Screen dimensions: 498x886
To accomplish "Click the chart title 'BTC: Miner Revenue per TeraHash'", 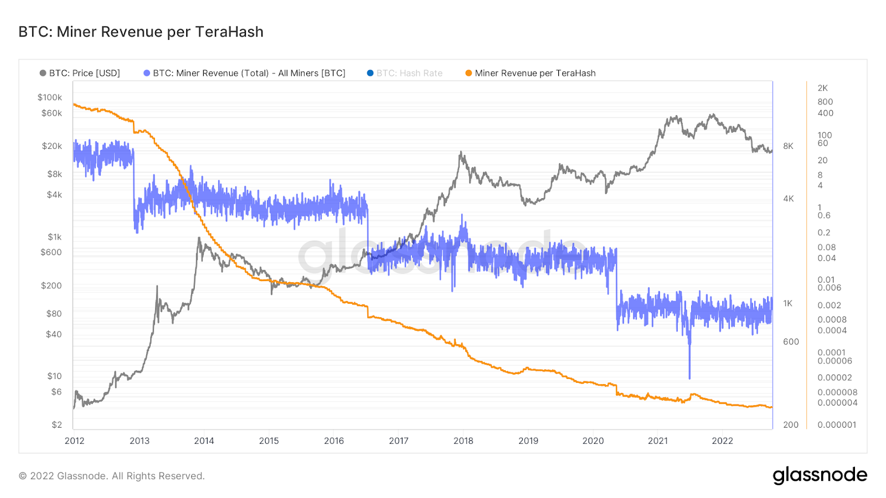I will pos(141,32).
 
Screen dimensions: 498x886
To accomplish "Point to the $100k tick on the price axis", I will pos(50,97).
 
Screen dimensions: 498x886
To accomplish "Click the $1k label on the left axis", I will pos(54,237).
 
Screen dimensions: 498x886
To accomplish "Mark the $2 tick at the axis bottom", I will pos(56,425).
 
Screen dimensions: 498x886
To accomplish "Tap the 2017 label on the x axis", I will pos(399,441).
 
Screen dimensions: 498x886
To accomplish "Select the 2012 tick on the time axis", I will pos(75,441).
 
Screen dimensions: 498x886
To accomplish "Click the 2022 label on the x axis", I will pos(722,441).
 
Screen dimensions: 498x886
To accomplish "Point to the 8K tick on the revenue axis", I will pos(788,146).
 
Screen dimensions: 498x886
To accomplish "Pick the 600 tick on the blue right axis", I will pos(791,342).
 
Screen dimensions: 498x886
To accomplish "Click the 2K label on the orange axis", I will pos(822,88).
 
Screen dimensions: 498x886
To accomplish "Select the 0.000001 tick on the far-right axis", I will pos(837,425).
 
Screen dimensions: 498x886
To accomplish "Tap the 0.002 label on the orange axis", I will pos(829,305).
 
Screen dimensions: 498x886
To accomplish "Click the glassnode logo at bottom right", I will pos(820,475).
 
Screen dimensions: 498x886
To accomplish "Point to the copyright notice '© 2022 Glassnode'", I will pos(112,476).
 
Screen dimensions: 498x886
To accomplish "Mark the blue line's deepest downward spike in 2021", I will pos(689,378).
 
